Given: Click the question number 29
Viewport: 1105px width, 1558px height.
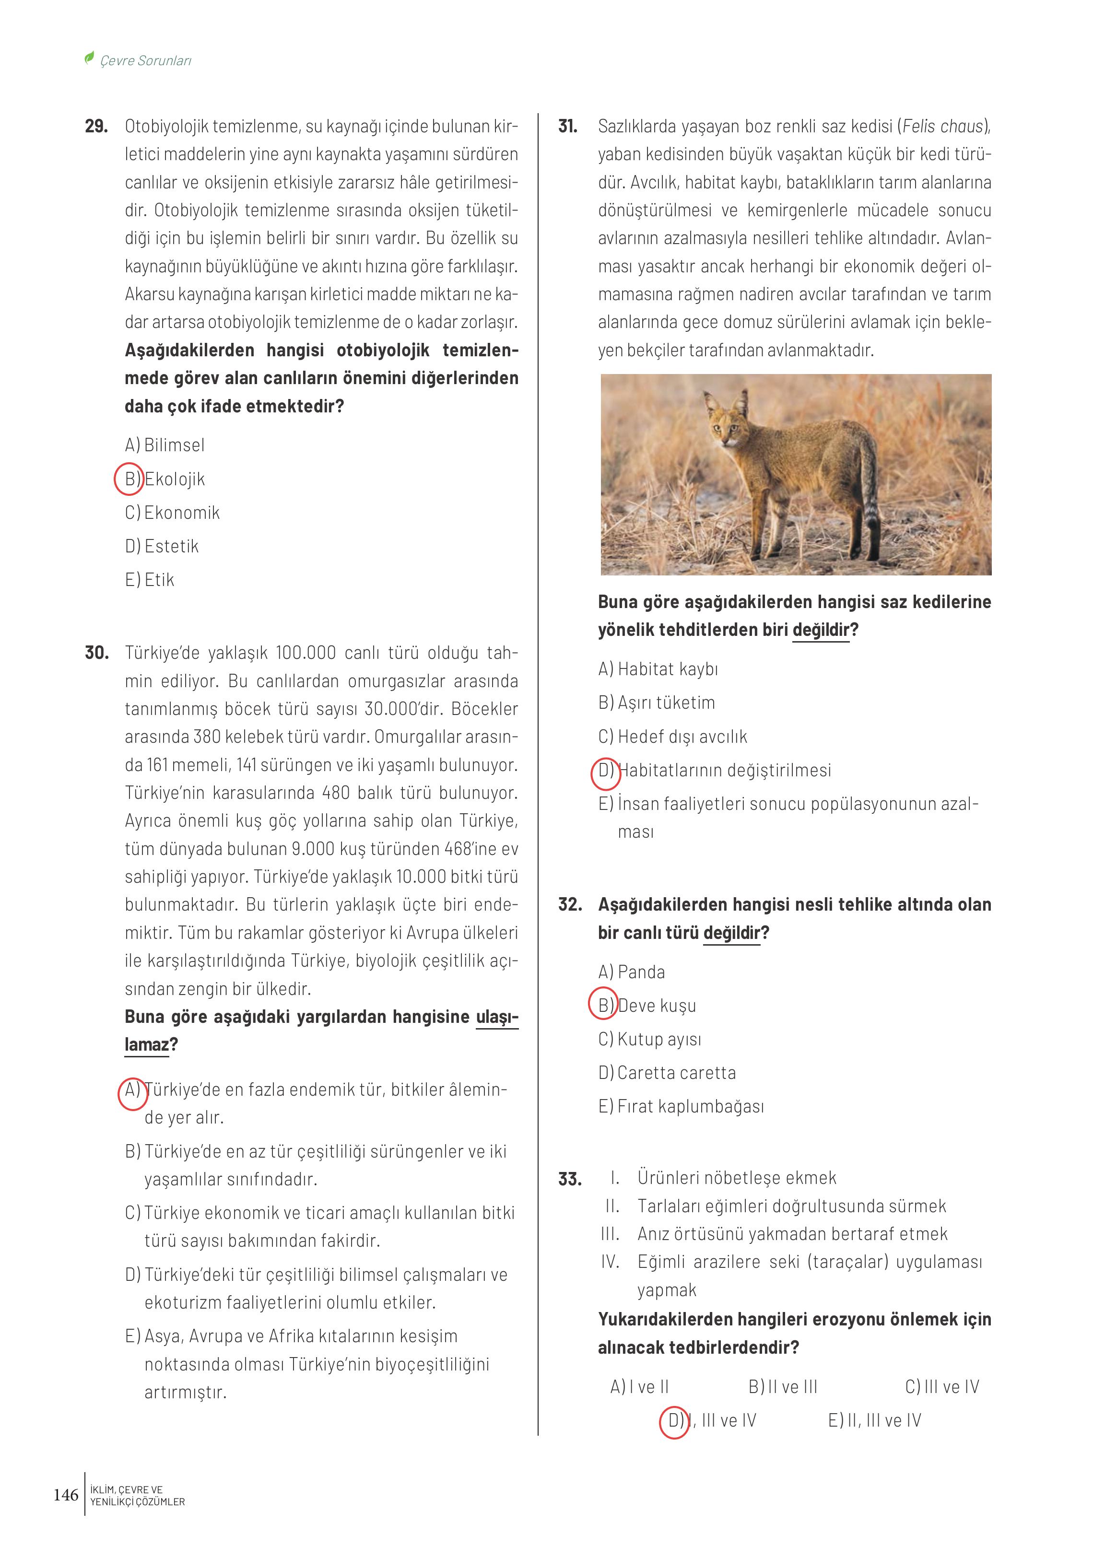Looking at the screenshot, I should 96,127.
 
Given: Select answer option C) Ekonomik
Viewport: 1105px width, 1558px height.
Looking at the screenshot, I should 172,512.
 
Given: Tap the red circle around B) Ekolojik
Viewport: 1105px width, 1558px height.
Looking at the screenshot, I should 129,479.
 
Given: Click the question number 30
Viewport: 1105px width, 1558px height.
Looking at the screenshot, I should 96,653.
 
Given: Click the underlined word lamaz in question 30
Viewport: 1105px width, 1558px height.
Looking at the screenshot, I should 146,1044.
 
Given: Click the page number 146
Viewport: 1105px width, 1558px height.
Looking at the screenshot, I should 66,1495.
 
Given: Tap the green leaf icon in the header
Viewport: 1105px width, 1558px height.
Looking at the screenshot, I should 89,58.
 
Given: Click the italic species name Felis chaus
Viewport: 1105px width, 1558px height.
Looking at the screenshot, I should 943,127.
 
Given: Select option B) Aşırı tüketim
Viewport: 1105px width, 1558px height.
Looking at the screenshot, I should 657,703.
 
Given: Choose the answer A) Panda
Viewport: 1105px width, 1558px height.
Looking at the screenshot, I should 632,972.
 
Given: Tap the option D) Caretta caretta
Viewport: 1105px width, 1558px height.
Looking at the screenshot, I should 667,1073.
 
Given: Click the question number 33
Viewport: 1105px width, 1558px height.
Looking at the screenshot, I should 569,1179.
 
